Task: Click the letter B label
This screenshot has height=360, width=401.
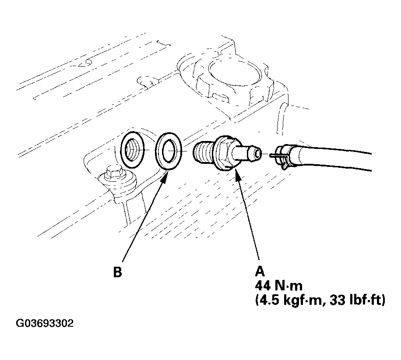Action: point(117,272)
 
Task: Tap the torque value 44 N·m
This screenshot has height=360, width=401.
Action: point(278,286)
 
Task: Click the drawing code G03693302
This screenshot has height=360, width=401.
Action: point(45,324)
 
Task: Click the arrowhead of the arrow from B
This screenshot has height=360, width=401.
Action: point(167,175)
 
